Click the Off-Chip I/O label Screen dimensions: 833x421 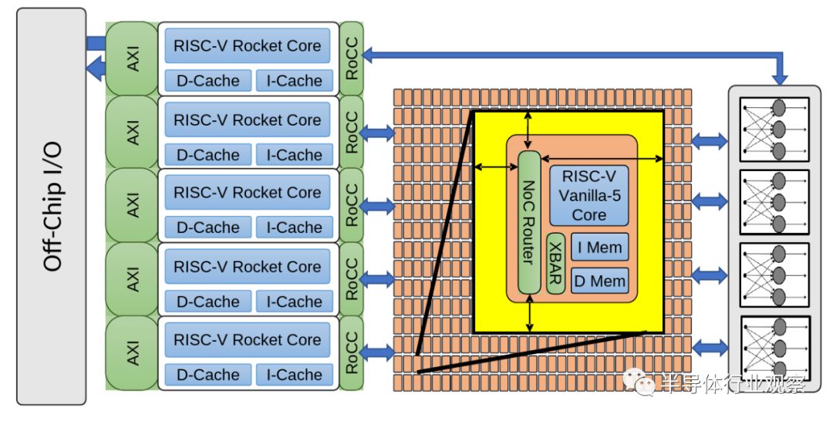52,207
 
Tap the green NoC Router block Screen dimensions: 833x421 529,222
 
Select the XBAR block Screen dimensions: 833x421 555,264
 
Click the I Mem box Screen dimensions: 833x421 600,248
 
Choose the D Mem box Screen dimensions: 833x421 600,281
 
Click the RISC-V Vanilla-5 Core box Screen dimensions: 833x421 589,196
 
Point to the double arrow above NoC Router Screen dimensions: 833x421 527,130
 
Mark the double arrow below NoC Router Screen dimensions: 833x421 530,313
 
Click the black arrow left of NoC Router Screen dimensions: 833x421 496,167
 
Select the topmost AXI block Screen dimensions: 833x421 133,59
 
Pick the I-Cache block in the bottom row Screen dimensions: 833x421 295,374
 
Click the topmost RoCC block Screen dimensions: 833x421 352,59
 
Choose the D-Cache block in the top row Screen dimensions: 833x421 207,81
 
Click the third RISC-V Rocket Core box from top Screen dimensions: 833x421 247,192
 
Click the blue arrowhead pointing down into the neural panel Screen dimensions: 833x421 780,78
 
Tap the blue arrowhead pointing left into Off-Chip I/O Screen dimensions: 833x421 96,69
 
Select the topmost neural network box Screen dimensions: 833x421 774,130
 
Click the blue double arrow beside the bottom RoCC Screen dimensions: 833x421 376,352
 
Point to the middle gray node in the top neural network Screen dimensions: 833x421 779,129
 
